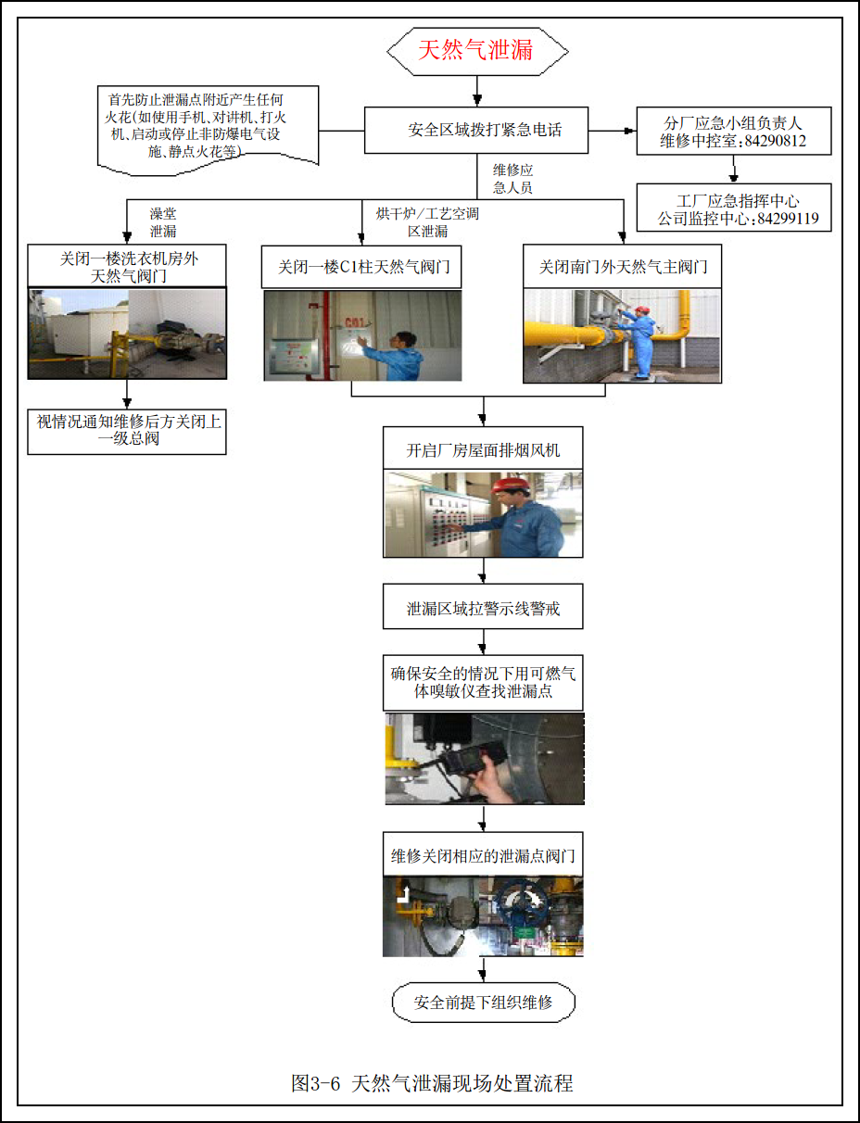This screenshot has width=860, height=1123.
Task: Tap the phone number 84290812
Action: pos(775,142)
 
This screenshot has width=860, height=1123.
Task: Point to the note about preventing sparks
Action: pos(208,125)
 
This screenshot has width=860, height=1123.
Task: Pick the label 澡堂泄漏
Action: pos(163,222)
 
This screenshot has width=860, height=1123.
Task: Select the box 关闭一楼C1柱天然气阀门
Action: pos(363,268)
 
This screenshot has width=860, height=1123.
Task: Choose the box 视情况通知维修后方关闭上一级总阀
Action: pos(127,430)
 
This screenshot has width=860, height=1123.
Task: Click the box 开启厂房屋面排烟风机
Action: pos(483,450)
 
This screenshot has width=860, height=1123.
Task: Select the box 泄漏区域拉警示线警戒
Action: pos(483,610)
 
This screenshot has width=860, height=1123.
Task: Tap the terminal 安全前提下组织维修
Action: pos(483,1002)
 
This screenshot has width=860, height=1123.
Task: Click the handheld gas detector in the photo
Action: pos(468,760)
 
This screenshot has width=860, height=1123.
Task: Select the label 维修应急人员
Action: pos(512,179)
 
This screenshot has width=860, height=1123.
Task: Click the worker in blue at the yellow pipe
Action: pos(641,339)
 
